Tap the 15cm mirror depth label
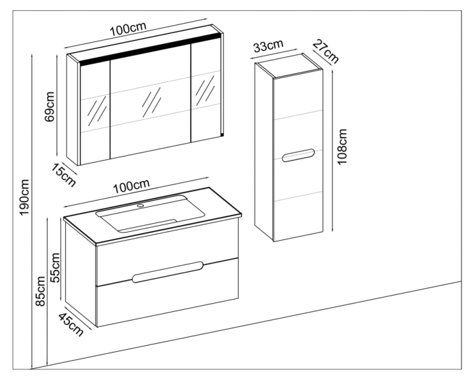coord(64,174)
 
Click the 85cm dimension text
coord(41,296)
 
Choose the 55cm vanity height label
coord(56,266)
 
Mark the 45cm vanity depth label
coord(69,324)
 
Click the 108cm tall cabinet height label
coord(342,146)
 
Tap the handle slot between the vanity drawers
coord(168,272)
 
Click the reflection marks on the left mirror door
coord(98,108)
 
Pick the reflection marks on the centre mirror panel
coord(151,102)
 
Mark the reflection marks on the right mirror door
coord(204,92)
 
